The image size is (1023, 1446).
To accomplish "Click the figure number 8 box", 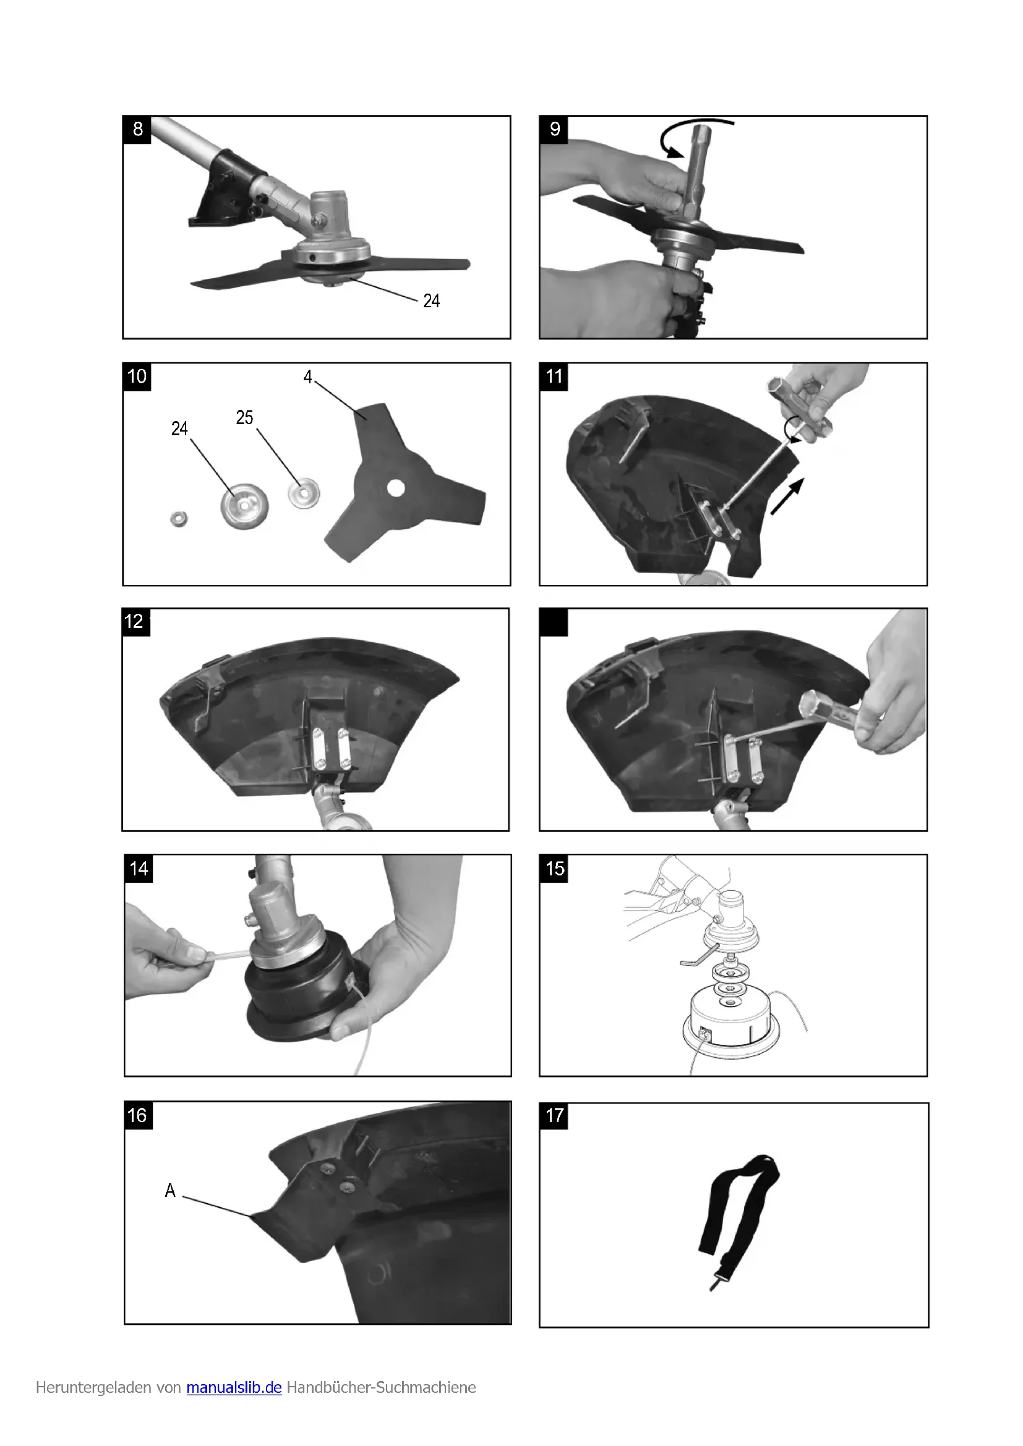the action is tap(137, 130).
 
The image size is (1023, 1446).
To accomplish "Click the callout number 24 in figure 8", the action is tap(432, 300).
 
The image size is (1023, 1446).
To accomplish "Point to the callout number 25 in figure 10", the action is tap(244, 417).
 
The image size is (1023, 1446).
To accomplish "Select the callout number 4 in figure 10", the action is tap(307, 376).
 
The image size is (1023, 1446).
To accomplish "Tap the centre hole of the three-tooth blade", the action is tap(396, 488).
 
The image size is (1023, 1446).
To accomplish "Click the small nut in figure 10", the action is tap(179, 519).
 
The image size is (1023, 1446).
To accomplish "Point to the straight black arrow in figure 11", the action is tap(787, 497).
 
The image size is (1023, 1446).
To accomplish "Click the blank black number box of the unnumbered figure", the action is tap(554, 623).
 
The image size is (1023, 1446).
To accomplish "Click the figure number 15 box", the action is tap(554, 869).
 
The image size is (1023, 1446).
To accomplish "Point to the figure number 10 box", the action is tap(137, 377).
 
